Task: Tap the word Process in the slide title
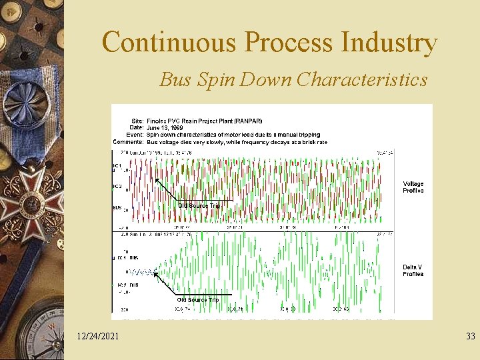pyautogui.click(x=289, y=43)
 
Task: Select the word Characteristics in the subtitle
pyautogui.click(x=362, y=80)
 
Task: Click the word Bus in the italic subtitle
pyautogui.click(x=175, y=80)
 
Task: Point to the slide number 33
pyautogui.click(x=471, y=337)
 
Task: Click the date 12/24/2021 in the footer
pyautogui.click(x=98, y=337)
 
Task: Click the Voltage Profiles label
pyautogui.click(x=413, y=187)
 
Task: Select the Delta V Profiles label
pyautogui.click(x=413, y=271)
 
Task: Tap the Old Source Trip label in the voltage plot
pyautogui.click(x=199, y=205)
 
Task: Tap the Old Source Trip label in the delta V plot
pyautogui.click(x=198, y=300)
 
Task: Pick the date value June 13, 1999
pyautogui.click(x=165, y=128)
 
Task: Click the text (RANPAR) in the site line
pyautogui.click(x=247, y=121)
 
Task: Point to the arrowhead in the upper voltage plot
pyautogui.click(x=156, y=178)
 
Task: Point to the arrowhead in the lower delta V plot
pyautogui.click(x=157, y=272)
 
